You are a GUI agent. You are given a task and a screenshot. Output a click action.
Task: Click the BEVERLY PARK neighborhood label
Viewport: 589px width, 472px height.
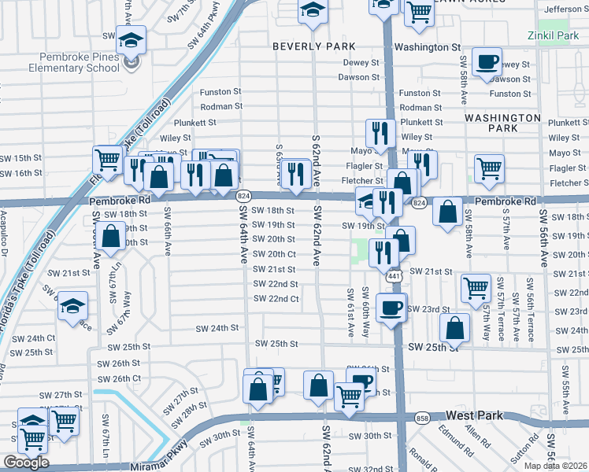(x=313, y=47)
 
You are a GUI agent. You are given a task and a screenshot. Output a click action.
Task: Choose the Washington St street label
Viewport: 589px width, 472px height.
(x=427, y=47)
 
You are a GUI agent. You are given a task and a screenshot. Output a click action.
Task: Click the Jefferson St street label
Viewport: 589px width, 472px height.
(x=565, y=9)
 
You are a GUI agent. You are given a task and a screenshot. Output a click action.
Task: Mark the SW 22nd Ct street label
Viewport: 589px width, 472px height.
(x=276, y=299)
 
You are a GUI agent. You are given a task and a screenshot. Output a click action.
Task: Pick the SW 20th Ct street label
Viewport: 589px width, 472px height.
(x=273, y=254)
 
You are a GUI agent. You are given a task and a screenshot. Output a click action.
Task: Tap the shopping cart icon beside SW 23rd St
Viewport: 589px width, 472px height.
(x=476, y=288)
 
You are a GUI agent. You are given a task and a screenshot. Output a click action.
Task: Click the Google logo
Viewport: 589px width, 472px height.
(x=26, y=463)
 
